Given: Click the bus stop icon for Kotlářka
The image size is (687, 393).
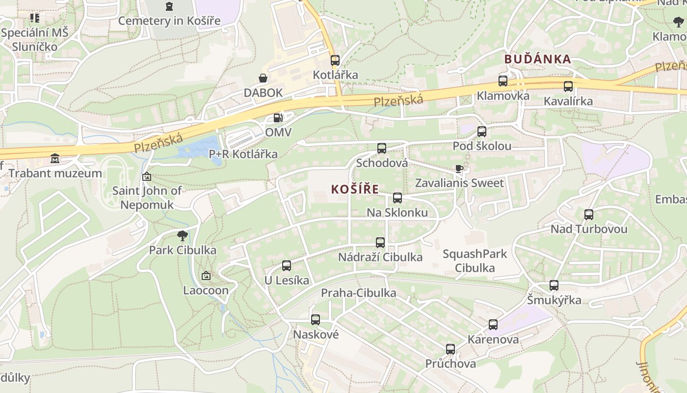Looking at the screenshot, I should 335,60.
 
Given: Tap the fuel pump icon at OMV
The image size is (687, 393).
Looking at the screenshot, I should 278,118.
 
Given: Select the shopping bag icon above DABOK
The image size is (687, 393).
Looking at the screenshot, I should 263,78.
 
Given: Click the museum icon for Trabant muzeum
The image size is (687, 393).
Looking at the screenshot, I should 55,159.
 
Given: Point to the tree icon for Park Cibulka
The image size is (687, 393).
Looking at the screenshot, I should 183,236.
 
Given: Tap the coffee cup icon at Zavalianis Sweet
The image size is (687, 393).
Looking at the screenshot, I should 459,169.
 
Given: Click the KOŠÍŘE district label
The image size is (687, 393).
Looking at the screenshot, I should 355,189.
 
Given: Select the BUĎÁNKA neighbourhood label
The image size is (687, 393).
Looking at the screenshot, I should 538,59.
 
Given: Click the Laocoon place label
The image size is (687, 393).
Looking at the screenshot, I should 206,290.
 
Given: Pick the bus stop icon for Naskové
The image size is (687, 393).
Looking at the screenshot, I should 315,320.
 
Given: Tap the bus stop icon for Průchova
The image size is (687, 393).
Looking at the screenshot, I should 450,349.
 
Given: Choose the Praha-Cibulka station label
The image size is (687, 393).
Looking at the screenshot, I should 358,293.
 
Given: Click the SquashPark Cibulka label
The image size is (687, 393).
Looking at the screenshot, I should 475,261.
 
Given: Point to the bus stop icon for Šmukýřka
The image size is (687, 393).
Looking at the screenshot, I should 554,285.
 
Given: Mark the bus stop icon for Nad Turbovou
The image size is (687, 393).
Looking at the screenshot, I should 589,215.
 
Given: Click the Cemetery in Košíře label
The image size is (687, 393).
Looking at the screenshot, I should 169,21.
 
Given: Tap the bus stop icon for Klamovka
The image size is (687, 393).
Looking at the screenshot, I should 503,81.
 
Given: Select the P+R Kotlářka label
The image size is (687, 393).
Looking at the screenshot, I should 243,154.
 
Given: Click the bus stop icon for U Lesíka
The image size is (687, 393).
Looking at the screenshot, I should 287,266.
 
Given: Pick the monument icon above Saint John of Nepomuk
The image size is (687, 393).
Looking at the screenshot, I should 147,176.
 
